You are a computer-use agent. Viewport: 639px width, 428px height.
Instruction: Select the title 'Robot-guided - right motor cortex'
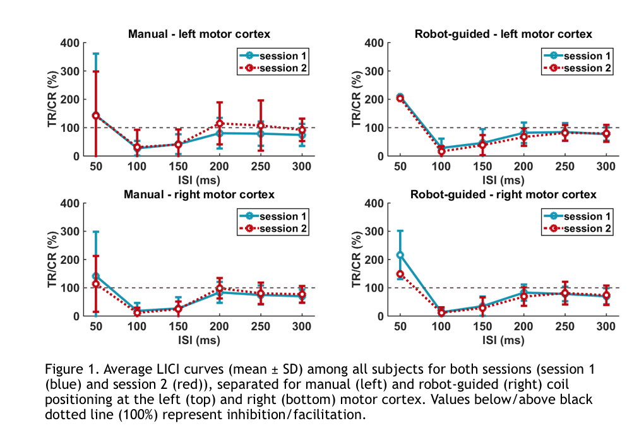coord(505,194)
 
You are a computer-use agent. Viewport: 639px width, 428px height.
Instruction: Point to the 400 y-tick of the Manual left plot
coord(71,43)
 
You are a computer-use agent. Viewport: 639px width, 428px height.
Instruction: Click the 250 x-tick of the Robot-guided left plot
coord(564,165)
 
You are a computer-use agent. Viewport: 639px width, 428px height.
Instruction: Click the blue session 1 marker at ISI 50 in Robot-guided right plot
coord(400,254)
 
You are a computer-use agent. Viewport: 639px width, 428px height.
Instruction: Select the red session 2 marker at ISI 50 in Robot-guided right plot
coord(400,274)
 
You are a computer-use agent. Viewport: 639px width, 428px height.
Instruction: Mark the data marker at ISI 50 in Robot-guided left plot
coord(400,98)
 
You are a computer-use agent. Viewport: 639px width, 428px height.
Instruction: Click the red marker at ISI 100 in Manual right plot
coord(137,312)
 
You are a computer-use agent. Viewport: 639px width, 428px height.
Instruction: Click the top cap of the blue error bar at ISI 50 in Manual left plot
coord(96,54)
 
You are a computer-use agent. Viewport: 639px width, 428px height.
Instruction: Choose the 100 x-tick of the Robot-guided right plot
coord(440,326)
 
